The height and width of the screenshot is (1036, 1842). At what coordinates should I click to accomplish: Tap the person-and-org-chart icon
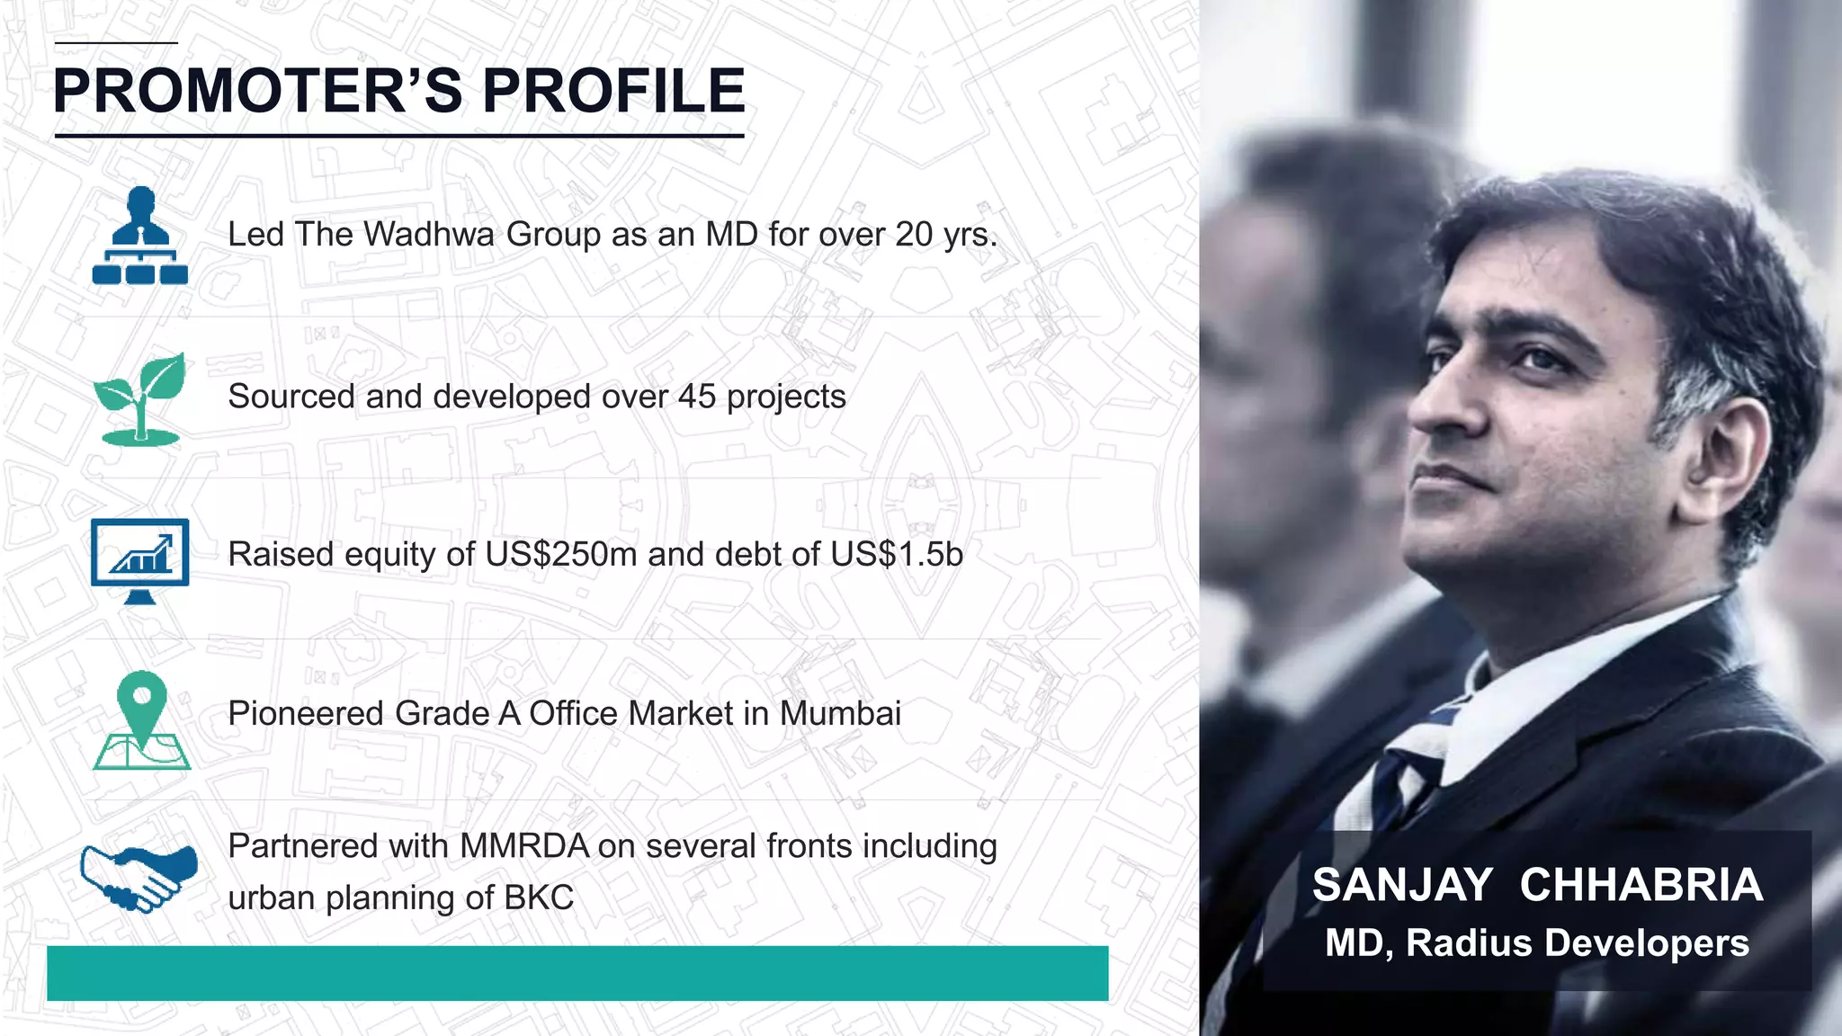(x=140, y=236)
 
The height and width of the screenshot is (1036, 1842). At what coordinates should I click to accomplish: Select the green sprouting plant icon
(x=140, y=398)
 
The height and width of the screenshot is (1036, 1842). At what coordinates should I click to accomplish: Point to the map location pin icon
(x=142, y=719)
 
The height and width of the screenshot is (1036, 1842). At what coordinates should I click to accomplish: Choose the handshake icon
(x=139, y=877)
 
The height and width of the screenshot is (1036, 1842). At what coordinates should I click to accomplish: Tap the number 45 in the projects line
(x=697, y=397)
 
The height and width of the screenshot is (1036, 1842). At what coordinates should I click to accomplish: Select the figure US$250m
(x=560, y=555)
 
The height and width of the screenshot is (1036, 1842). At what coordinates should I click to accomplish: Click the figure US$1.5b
(x=896, y=555)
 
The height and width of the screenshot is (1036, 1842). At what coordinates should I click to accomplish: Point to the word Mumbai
(x=840, y=714)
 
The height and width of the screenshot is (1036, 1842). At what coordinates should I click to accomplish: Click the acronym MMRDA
(x=523, y=847)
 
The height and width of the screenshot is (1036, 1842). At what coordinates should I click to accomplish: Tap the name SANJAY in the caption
(x=1402, y=885)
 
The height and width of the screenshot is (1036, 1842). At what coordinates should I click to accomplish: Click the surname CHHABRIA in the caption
(x=1641, y=885)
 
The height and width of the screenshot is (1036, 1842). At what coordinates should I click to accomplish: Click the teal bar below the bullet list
(x=577, y=973)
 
